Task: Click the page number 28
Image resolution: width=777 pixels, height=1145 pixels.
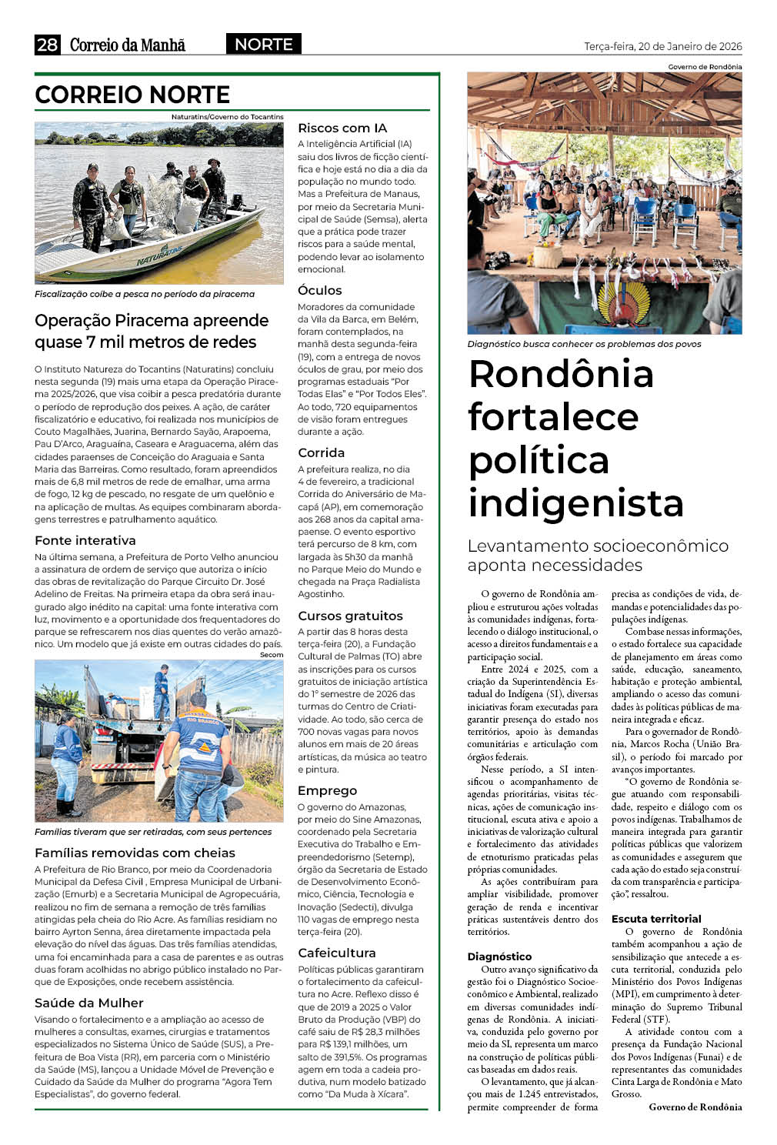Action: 47,45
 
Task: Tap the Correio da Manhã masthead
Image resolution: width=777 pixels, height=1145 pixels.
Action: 128,45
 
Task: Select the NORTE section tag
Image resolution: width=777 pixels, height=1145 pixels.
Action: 263,45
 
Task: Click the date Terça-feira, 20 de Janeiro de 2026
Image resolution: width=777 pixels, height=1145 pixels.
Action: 662,46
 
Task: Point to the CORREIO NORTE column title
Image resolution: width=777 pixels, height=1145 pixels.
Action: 132,95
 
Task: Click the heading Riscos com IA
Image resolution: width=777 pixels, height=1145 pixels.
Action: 342,129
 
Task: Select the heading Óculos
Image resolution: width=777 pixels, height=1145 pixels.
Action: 320,291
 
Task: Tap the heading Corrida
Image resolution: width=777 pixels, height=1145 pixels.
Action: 321,453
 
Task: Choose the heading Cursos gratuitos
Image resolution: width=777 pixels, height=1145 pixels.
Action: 350,616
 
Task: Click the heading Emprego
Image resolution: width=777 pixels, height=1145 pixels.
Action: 327,791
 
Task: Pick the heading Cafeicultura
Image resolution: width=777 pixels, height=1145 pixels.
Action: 337,953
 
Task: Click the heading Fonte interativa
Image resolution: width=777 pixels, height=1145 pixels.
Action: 85,541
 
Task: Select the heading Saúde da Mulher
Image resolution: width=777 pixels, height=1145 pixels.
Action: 89,1003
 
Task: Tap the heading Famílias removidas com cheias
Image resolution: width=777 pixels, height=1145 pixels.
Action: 135,853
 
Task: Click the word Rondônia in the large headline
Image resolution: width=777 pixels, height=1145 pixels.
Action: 561,375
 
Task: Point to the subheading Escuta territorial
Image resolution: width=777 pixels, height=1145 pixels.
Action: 656,919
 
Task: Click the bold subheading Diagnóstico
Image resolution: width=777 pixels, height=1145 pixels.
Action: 499,956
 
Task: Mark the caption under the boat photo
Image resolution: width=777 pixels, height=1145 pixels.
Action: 144,294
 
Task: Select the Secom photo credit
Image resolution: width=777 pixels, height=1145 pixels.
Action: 272,655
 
